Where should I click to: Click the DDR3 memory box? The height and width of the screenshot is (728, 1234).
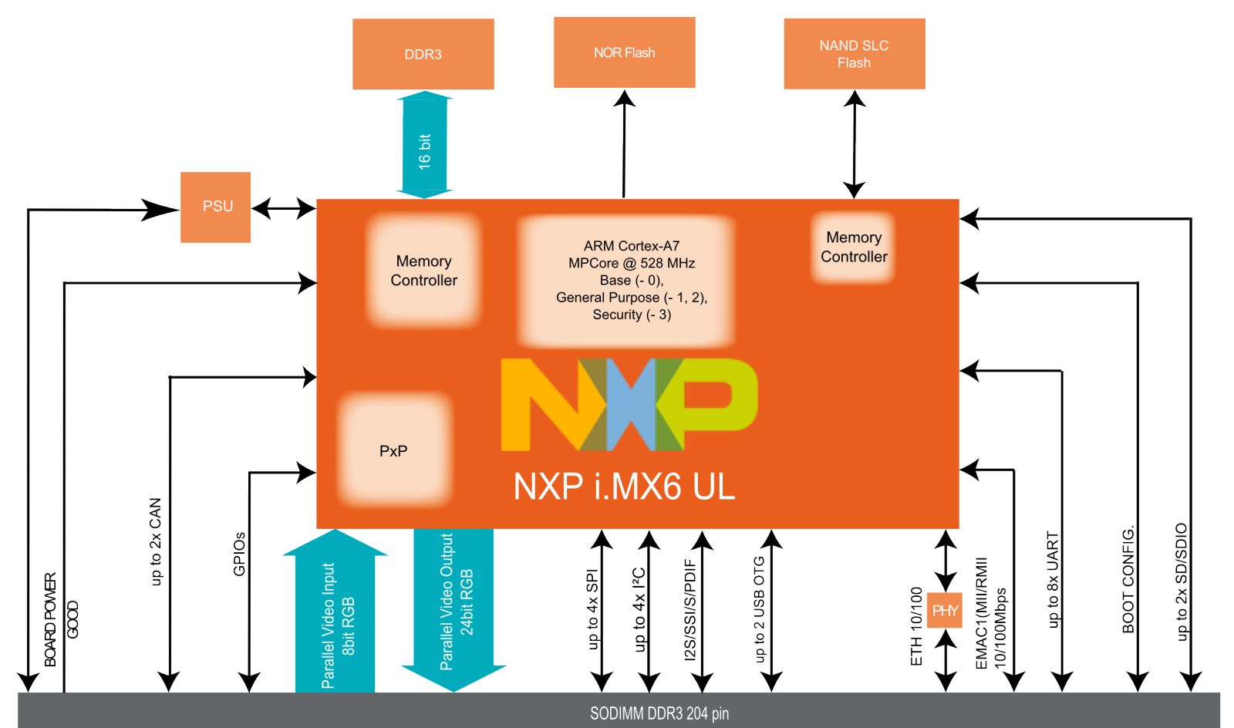pos(423,54)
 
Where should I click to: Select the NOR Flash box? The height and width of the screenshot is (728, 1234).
pos(624,52)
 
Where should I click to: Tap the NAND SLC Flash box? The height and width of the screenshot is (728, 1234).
pos(854,54)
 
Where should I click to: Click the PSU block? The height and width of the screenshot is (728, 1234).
pos(216,207)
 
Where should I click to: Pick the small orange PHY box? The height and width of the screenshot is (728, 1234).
pos(945,611)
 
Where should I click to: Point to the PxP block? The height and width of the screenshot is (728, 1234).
pos(394,450)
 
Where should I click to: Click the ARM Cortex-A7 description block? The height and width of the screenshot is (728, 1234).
pos(631,280)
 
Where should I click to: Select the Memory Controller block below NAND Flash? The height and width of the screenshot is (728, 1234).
pos(854,247)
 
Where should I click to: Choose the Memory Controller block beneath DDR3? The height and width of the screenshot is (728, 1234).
pos(423,271)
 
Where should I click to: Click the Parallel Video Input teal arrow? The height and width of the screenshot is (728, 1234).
pos(336,617)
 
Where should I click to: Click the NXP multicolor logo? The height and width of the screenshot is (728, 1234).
pos(629,404)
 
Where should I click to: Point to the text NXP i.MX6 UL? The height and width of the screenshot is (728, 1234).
pos(624,487)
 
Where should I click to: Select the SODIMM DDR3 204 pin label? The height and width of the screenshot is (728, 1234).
pos(659,713)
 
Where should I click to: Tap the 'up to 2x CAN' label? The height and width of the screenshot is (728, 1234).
pos(156,541)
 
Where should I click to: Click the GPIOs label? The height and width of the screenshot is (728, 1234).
pos(239,554)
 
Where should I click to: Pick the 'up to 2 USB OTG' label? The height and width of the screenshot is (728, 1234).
pos(759,609)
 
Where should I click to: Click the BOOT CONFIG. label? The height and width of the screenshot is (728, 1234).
pos(1128,579)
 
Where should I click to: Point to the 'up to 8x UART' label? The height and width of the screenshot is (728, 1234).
pos(1053,579)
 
